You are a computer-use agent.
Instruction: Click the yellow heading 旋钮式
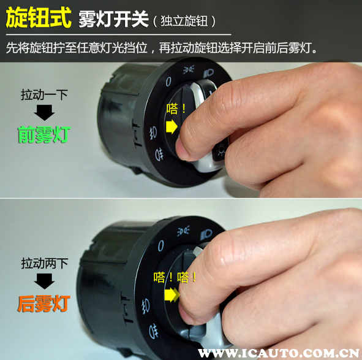click(x=39, y=18)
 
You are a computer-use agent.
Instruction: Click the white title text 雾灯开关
click(x=113, y=19)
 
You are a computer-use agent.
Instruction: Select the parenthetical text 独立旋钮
click(x=184, y=21)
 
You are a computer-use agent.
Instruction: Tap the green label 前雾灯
click(x=44, y=134)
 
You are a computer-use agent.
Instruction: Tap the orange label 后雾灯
click(x=43, y=304)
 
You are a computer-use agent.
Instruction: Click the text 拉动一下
click(x=44, y=95)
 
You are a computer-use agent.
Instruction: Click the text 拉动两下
click(x=45, y=263)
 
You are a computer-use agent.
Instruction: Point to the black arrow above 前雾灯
click(x=44, y=113)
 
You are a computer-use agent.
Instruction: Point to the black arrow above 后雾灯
click(x=44, y=281)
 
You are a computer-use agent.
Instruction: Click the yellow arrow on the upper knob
click(x=172, y=126)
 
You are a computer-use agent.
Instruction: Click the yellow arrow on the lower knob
click(x=172, y=294)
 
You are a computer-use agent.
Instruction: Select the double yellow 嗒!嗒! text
click(x=175, y=277)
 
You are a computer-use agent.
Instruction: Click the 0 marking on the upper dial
click(x=168, y=82)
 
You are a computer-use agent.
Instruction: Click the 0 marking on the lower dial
click(x=161, y=246)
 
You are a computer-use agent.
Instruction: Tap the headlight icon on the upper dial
click(x=208, y=73)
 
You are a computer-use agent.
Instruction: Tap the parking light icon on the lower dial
click(x=184, y=231)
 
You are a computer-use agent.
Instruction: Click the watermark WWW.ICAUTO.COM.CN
click(x=279, y=353)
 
